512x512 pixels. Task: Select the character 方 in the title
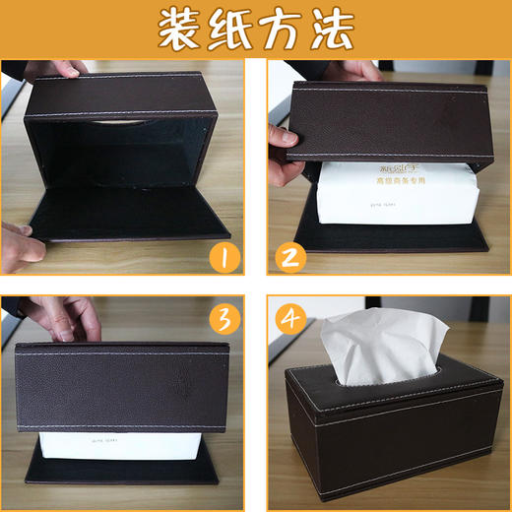coord(282,30)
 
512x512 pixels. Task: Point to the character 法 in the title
coord(331,30)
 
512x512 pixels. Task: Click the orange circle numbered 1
coord(224,258)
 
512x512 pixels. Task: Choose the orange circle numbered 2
coord(289,258)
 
